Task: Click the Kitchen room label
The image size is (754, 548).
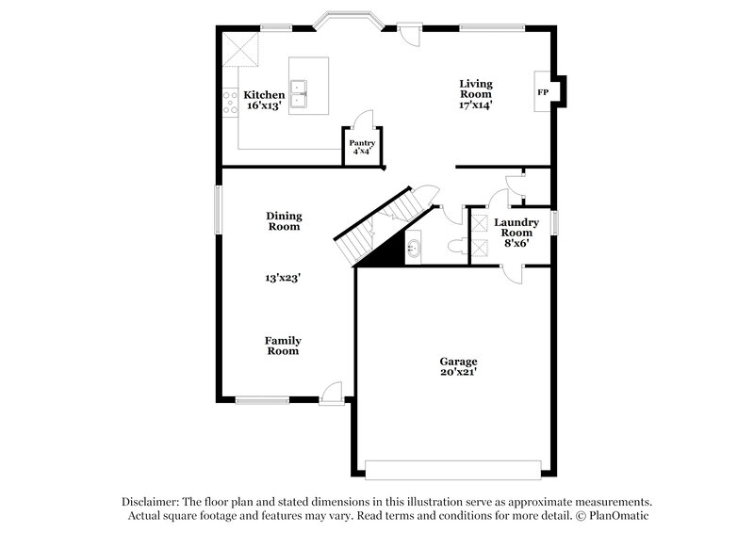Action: click(264, 95)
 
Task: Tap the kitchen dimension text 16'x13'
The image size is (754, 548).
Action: click(264, 106)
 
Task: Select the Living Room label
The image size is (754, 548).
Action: click(476, 89)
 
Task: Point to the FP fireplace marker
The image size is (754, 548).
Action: click(542, 93)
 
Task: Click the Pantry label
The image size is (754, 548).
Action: click(363, 142)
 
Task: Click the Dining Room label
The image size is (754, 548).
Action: click(283, 221)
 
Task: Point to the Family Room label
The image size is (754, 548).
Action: click(283, 346)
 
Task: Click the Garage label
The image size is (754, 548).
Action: click(459, 361)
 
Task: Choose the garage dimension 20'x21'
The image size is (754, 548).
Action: click(459, 372)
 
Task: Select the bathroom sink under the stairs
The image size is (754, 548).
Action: click(415, 250)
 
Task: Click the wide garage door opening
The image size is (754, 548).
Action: click(453, 469)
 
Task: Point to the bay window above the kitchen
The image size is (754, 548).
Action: click(348, 18)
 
